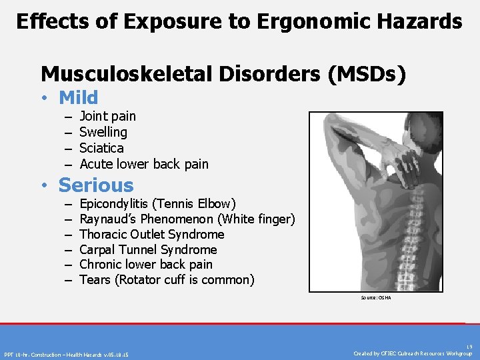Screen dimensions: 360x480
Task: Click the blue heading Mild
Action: coord(78,98)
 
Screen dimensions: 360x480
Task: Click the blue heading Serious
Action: coord(96,185)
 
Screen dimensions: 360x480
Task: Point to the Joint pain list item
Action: coord(107,117)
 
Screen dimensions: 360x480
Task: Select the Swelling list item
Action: coord(103,132)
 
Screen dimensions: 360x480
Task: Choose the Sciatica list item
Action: coord(101,148)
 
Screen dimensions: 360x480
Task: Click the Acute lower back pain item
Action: coord(143,164)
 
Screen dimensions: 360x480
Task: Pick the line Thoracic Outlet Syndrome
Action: coord(151,234)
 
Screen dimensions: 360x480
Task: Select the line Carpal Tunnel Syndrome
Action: coord(148,249)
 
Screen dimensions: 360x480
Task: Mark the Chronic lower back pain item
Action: coord(145,265)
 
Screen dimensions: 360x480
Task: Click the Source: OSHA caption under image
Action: coord(376,298)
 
